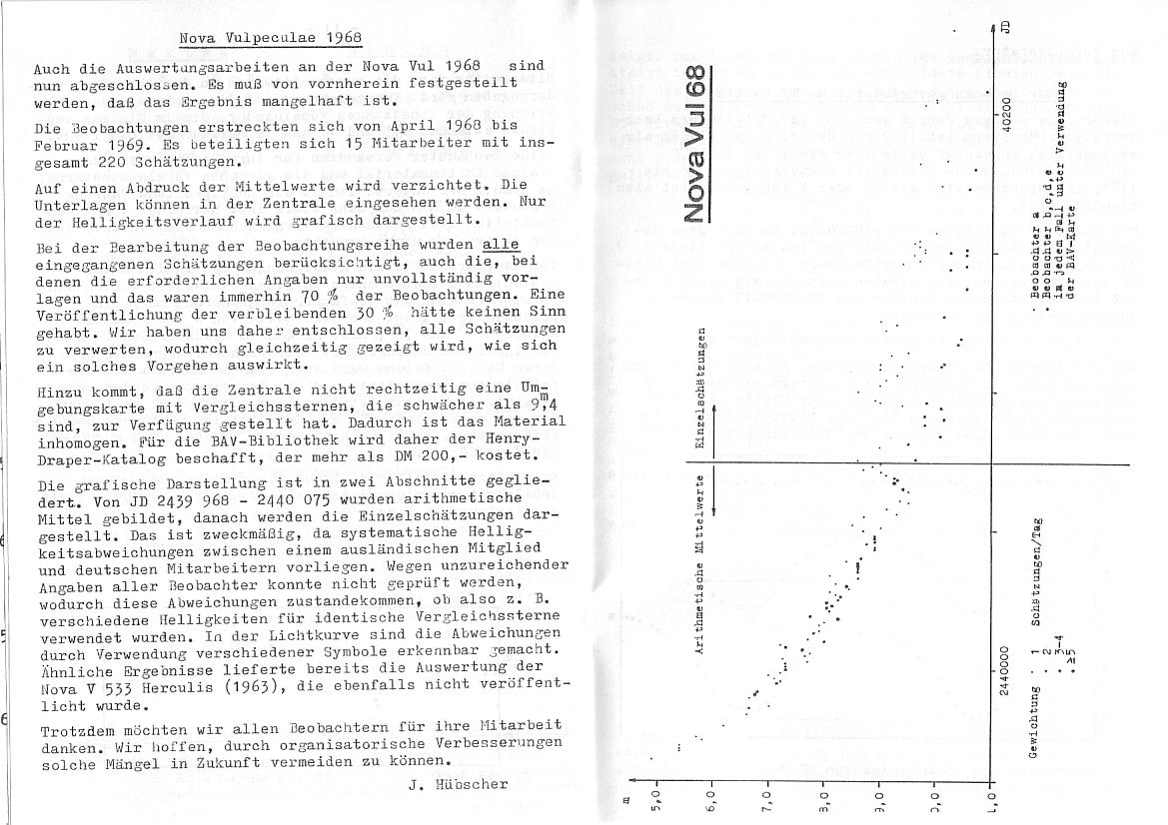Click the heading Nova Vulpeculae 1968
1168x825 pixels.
pyautogui.click(x=270, y=38)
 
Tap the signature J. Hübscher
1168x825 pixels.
pyautogui.click(x=459, y=784)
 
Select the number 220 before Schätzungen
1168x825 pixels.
pyautogui.click(x=101, y=161)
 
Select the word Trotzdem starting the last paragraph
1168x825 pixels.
pyautogui.click(x=76, y=727)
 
